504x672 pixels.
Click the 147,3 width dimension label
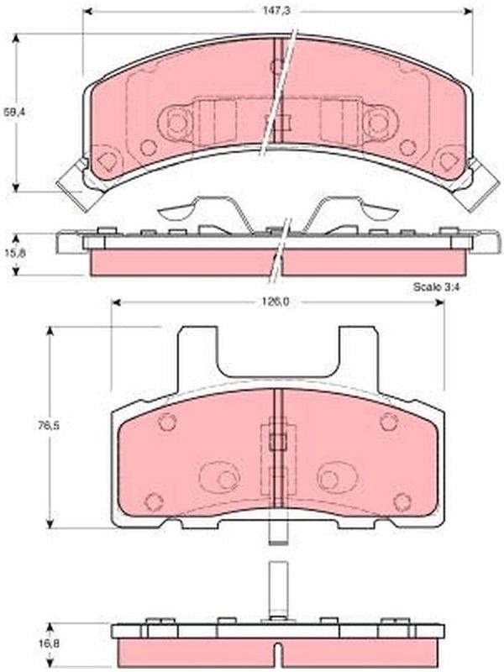point(276,10)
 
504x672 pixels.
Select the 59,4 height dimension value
point(12,113)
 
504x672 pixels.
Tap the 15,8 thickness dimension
point(15,253)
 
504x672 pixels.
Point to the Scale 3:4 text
point(436,286)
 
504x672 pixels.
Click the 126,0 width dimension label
point(276,302)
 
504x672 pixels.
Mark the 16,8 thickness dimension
point(15,643)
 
